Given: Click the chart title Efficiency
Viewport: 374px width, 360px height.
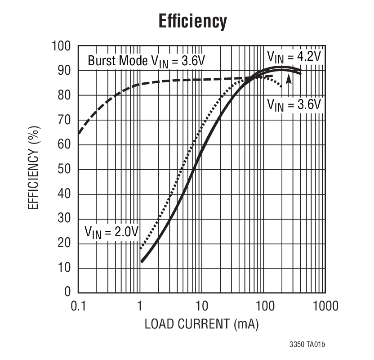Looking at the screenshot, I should coord(192,21).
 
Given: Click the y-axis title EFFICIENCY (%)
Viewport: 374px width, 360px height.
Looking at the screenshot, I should coord(33,169).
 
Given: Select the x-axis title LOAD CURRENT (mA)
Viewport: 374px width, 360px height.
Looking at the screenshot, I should coord(201,324).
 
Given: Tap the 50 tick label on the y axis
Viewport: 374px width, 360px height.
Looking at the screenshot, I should coord(65,170).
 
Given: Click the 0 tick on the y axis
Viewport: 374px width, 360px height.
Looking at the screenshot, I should coord(67,292).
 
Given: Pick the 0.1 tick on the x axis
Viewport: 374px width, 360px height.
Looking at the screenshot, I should coord(78,306).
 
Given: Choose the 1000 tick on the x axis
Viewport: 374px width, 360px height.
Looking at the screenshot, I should coord(325,306).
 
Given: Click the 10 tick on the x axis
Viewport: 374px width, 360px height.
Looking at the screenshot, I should coord(202,306).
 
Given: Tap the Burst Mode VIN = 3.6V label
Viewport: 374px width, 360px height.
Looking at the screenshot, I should coord(146,61).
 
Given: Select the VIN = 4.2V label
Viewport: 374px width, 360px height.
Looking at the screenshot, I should coord(294,56).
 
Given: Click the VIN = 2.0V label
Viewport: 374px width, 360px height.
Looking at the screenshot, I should coord(111,232).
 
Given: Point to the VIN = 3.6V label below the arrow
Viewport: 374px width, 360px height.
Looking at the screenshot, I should coord(294,104).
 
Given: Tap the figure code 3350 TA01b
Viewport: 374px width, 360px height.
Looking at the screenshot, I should coord(307,345).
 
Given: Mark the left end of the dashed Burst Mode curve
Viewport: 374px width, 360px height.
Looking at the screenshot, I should coord(79,133).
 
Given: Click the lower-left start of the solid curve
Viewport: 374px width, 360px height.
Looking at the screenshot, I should coord(142,261).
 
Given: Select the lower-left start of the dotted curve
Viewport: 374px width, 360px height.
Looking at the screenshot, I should coord(141,248).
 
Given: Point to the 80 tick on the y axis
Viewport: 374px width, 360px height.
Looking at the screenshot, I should coord(65,95).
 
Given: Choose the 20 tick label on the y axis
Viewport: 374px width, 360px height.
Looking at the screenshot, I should coord(65,243).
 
